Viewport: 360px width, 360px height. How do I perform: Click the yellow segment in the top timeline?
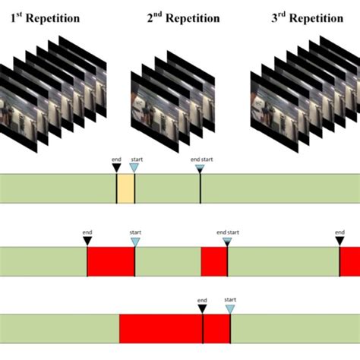[125, 188]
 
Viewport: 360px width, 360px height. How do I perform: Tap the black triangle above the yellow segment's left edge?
[116, 168]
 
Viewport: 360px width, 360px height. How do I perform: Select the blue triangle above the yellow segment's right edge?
[134, 168]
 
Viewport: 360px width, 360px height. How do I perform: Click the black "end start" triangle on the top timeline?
[201, 168]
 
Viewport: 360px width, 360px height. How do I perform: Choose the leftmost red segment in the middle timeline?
[111, 261]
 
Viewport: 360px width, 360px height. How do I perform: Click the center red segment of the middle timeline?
[213, 261]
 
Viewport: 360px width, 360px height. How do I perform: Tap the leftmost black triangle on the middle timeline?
[87, 241]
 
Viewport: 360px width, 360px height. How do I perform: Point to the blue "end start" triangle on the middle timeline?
[226, 241]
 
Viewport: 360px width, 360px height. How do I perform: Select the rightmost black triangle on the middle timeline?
[339, 241]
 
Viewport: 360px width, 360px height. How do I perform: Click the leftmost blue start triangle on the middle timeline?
[135, 241]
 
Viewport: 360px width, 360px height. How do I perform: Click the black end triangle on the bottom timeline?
[202, 308]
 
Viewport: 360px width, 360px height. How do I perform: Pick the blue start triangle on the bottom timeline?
[229, 308]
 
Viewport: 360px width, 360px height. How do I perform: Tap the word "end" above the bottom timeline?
[202, 300]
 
